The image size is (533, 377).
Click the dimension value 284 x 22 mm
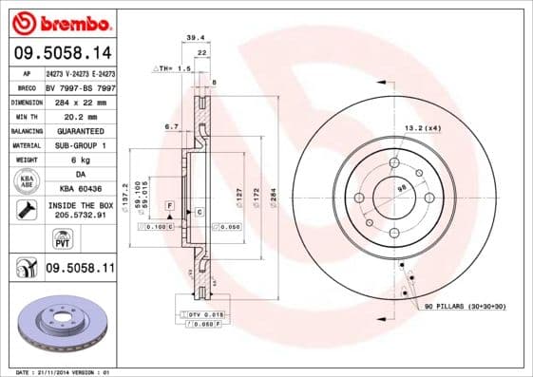pyautogui.click(x=81, y=100)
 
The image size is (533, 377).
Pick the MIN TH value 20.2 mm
pyautogui.click(x=81, y=115)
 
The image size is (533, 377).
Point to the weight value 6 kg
pyautogui.click(x=81, y=160)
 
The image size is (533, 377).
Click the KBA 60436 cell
pyautogui.click(x=81, y=189)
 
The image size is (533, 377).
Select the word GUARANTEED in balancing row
pyautogui.click(x=81, y=130)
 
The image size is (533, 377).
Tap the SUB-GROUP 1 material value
pyautogui.click(x=81, y=145)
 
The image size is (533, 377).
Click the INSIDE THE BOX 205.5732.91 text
pyautogui.click(x=81, y=210)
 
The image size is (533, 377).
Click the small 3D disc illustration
pyautogui.click(x=63, y=323)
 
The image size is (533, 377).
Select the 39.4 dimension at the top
pyautogui.click(x=196, y=37)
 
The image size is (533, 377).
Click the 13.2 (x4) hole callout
pyautogui.click(x=423, y=126)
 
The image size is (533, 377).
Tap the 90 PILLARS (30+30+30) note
pyautogui.click(x=466, y=307)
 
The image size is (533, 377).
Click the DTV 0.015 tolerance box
pyautogui.click(x=201, y=313)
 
